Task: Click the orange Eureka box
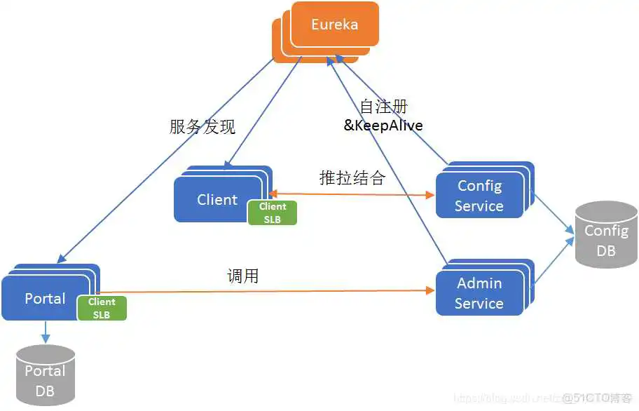(334, 25)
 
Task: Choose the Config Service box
(479, 196)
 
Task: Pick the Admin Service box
(479, 293)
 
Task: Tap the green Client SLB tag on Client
(272, 213)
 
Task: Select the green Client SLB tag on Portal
(102, 308)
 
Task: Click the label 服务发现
(202, 126)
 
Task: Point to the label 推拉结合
(352, 177)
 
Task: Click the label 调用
(243, 276)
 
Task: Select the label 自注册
(383, 107)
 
